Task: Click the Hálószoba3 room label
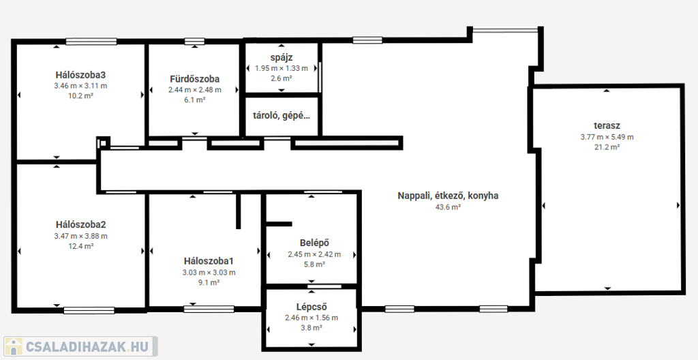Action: (x=80, y=74)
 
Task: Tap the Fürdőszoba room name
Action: (x=194, y=79)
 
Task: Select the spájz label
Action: (x=282, y=57)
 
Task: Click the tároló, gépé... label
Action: (x=282, y=116)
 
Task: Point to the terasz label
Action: (x=607, y=125)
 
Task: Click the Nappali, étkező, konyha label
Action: (x=448, y=196)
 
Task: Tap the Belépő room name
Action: (x=314, y=243)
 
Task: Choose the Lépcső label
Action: (x=312, y=307)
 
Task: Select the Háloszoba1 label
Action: (x=209, y=260)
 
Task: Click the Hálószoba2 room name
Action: (x=80, y=224)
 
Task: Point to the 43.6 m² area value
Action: (x=448, y=207)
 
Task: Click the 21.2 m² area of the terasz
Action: (x=607, y=147)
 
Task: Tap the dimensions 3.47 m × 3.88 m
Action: (x=80, y=236)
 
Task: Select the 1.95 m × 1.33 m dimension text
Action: (x=282, y=68)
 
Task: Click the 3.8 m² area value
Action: (x=312, y=328)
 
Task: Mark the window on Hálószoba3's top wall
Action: (x=91, y=42)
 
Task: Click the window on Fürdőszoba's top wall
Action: (x=194, y=42)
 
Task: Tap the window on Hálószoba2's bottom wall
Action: (x=89, y=310)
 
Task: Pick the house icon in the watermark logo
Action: (x=13, y=346)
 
